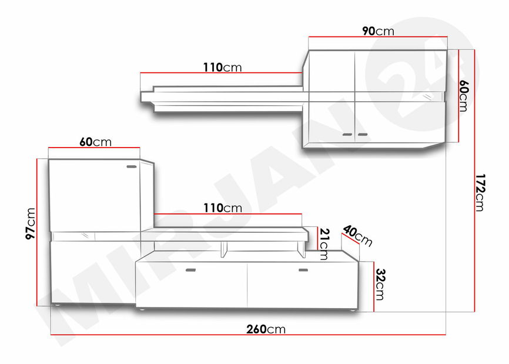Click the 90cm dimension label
pos(378,31)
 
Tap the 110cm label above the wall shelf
pos(222,67)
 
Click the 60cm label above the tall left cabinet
pos(95,142)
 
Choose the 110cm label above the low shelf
pos(222,208)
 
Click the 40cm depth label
pos(357,235)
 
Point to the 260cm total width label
pos(267,329)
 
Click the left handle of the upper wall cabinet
pos(347,135)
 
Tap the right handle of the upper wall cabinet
pos(361,135)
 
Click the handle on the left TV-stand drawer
pos(190,271)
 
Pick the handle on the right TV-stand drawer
pos(303,271)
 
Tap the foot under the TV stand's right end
pos(350,310)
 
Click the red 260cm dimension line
pos(176,335)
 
